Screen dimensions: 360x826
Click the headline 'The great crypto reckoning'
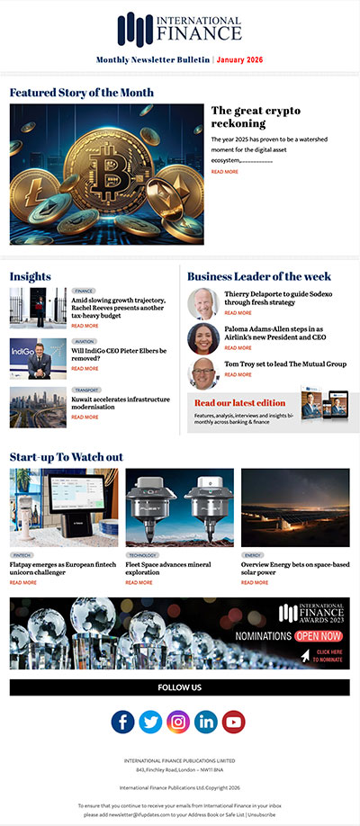click(x=256, y=116)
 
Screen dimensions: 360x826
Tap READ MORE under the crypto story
click(x=225, y=171)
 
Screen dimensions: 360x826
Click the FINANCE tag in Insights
click(x=85, y=292)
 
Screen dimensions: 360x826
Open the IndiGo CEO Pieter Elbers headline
click(x=119, y=354)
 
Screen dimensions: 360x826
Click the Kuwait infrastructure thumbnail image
click(x=38, y=407)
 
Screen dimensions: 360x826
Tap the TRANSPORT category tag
click(x=86, y=391)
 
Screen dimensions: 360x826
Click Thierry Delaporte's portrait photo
click(x=202, y=304)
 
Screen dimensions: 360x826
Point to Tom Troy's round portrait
click(x=202, y=373)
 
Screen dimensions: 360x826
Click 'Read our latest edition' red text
click(x=240, y=403)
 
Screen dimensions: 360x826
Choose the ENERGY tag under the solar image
click(x=253, y=555)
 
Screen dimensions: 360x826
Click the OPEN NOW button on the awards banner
click(x=318, y=636)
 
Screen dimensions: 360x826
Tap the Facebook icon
click(x=123, y=722)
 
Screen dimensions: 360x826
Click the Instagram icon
click(x=178, y=722)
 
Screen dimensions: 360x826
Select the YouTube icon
click(x=233, y=722)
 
